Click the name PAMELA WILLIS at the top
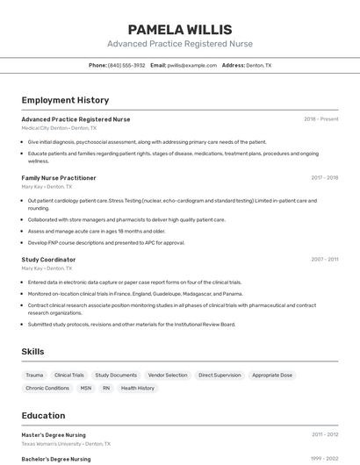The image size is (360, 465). pos(180,29)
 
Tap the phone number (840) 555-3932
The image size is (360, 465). pos(126,65)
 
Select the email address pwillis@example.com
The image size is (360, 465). pos(192,65)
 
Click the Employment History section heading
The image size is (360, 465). pos(65,100)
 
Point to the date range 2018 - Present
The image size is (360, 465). pos(321,118)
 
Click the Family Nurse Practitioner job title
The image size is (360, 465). pos(59,177)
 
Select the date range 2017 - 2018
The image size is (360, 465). pos(325,177)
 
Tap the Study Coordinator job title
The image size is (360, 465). pos(48,260)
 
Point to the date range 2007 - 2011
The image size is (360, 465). pos(325,260)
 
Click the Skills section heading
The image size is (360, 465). pos(33,351)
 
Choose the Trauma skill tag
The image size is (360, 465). pos(34,375)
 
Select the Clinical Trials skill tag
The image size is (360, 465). pos(69,375)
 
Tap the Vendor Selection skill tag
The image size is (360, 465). pos(168,375)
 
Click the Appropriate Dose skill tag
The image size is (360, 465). pos(272,375)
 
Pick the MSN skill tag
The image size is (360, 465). pos(85,388)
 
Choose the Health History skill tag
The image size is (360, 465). pos(138,388)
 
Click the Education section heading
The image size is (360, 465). pos(43,415)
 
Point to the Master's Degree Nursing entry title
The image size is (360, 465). pos(54,434)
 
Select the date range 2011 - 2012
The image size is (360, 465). pos(325,434)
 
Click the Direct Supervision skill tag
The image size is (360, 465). pos(220,375)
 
